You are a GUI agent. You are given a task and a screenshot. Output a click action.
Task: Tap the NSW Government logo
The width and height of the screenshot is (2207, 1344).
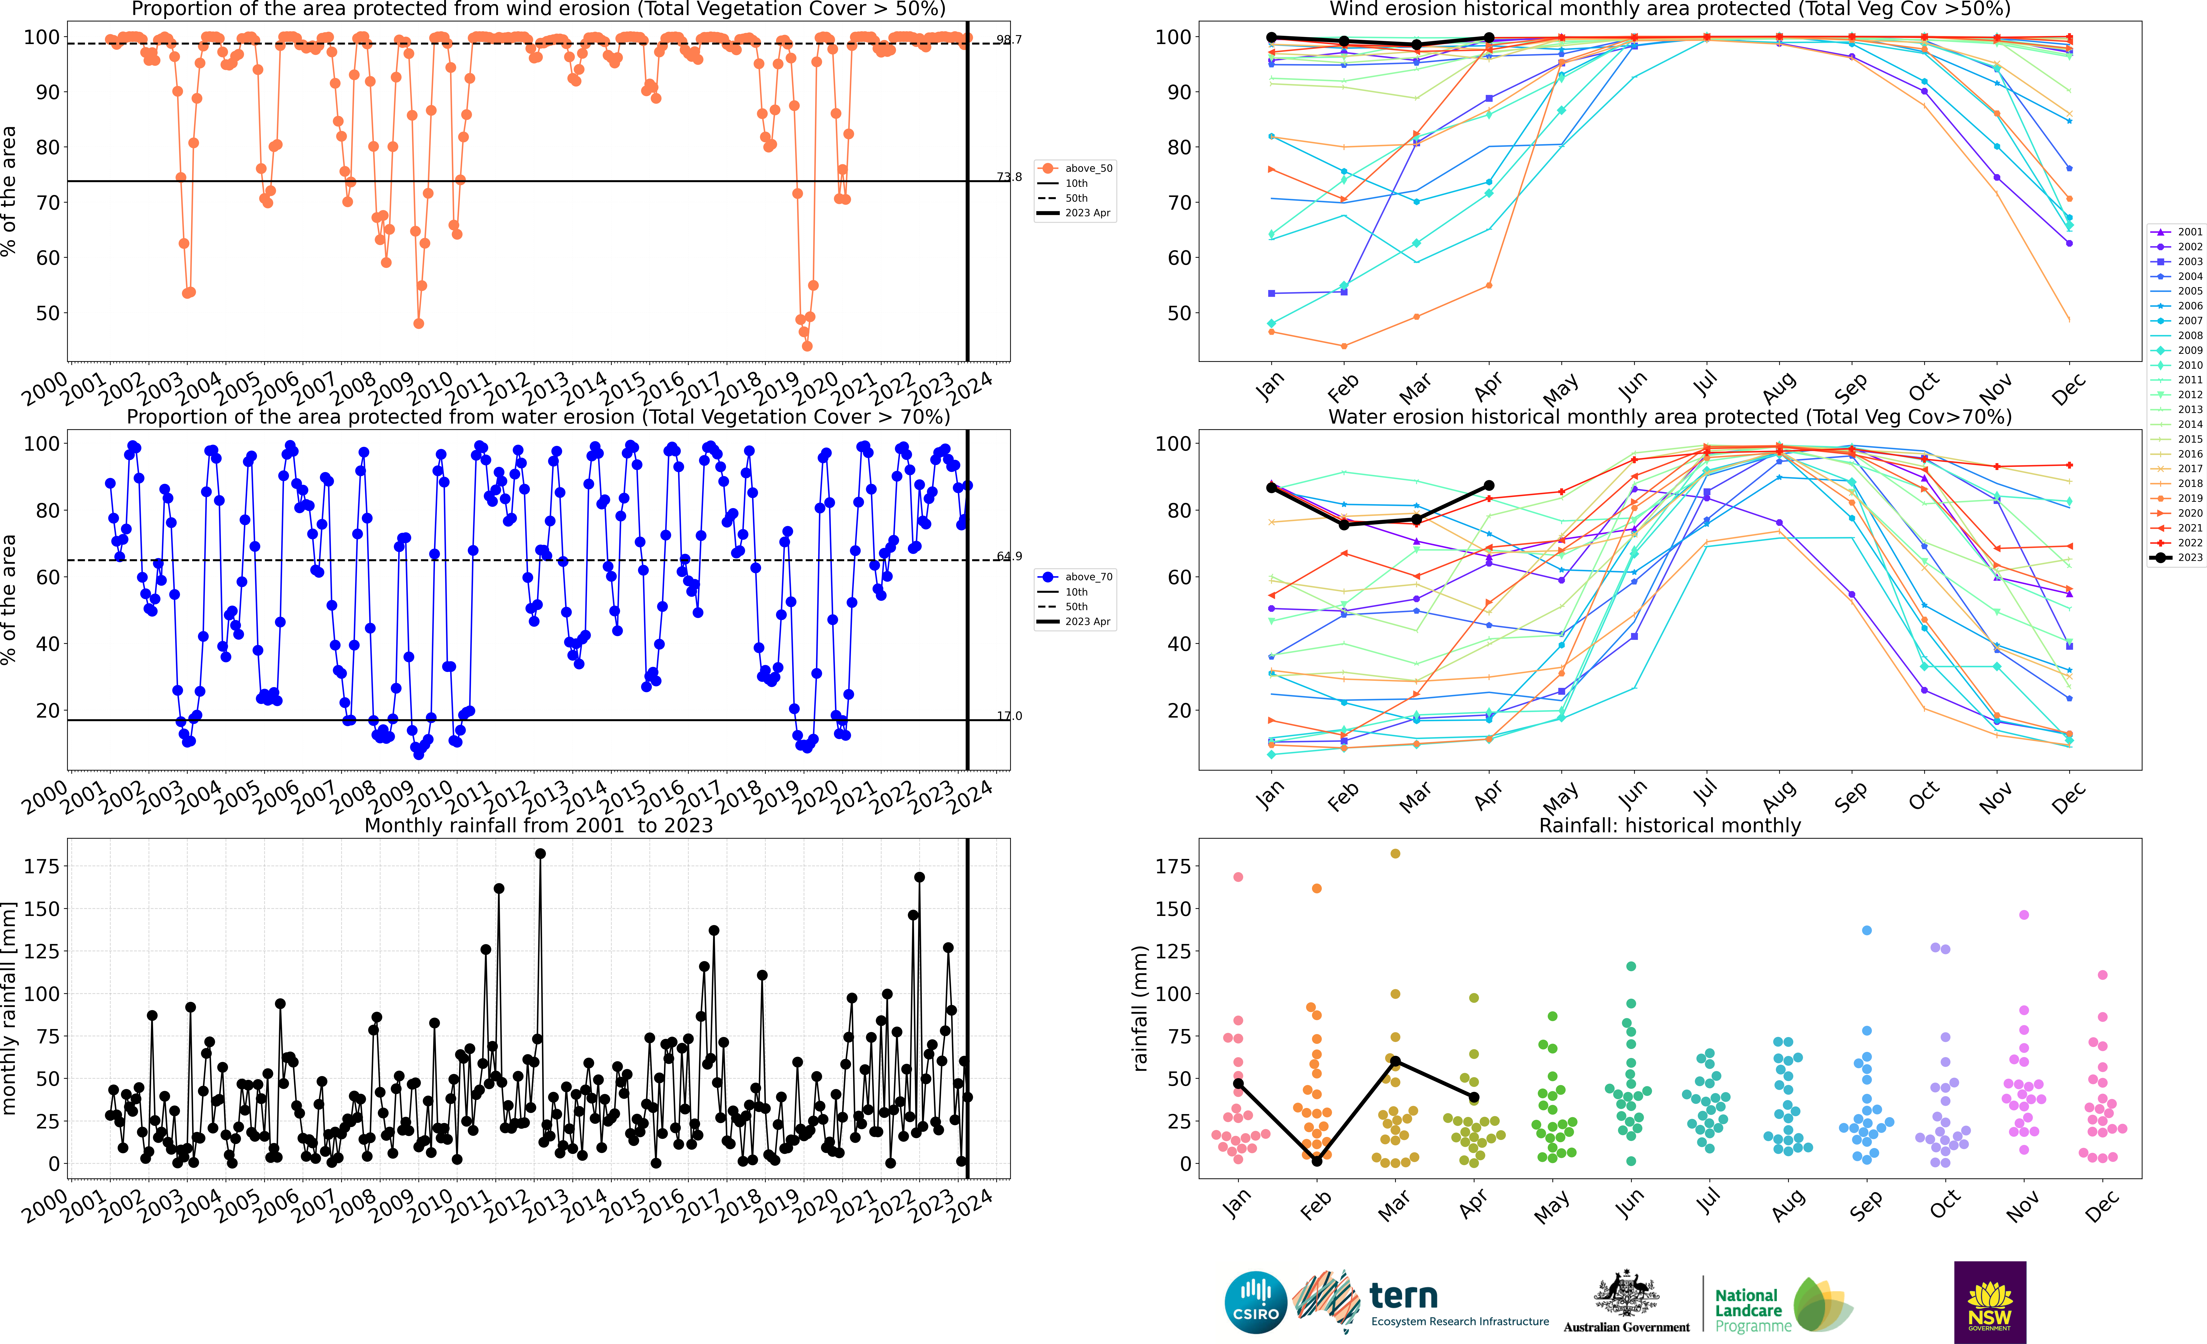tap(1989, 1302)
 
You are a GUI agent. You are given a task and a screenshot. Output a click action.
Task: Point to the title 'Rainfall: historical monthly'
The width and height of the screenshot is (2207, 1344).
tap(1670, 825)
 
